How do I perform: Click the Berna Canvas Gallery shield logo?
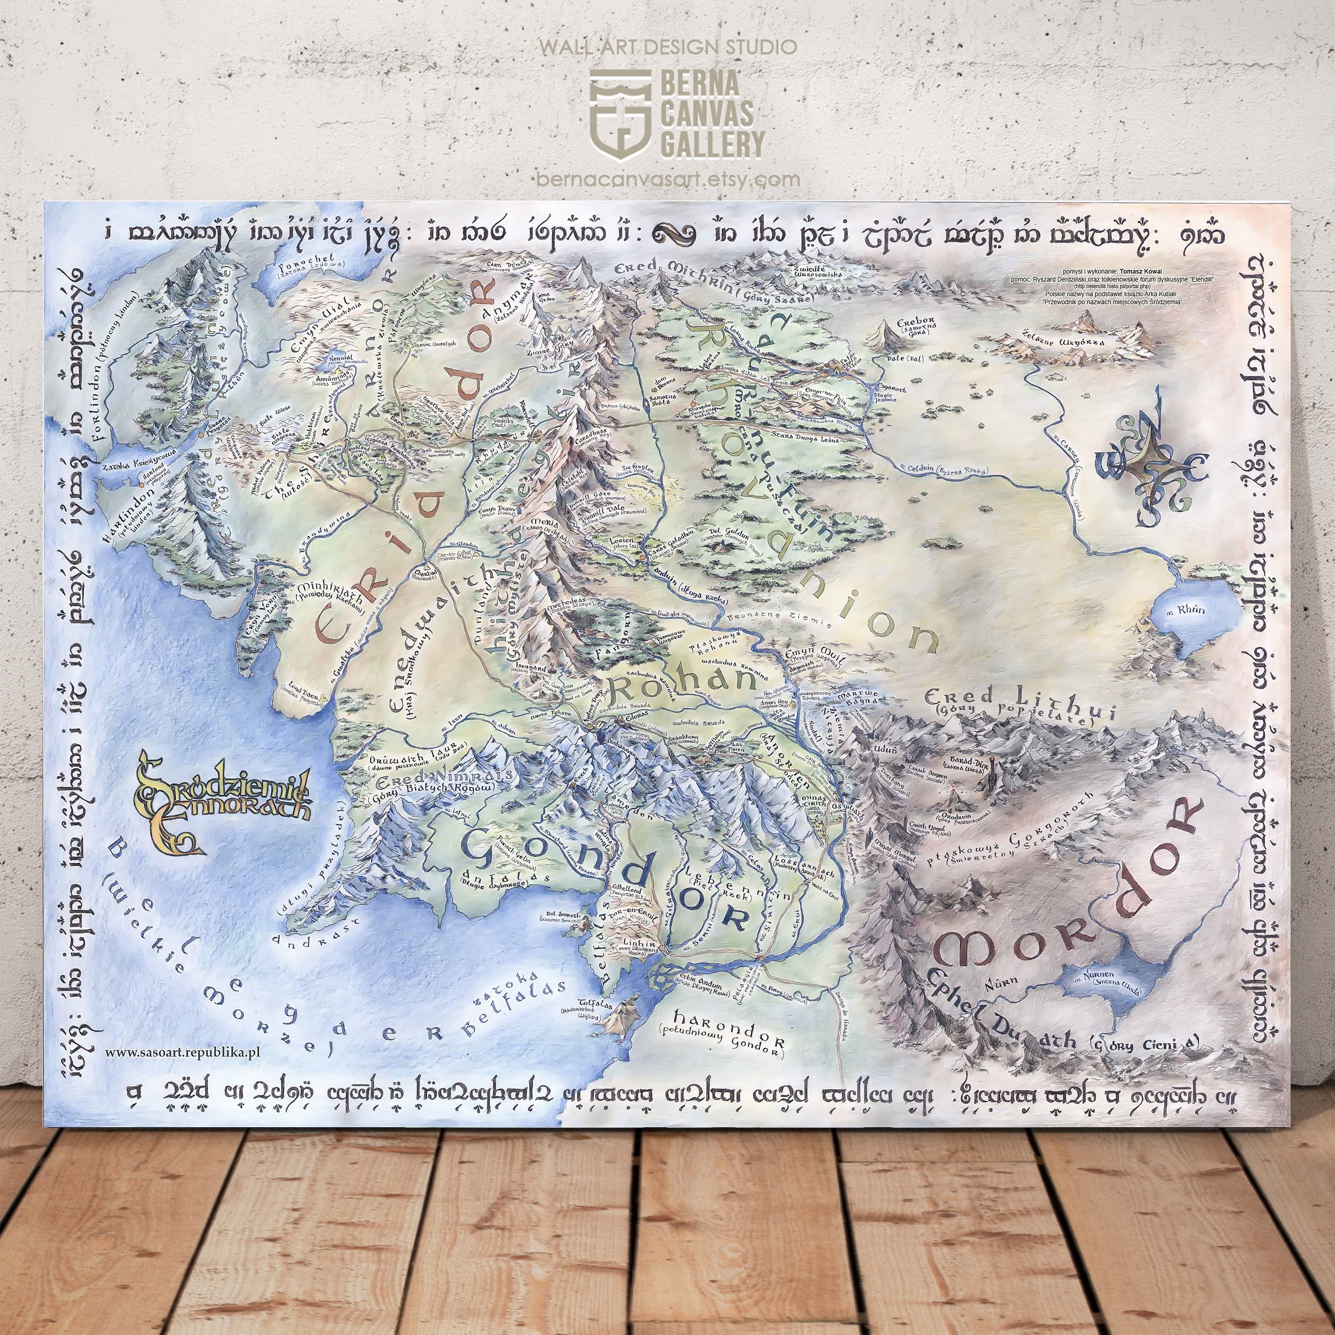pos(620,114)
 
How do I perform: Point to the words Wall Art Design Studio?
pos(667,47)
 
